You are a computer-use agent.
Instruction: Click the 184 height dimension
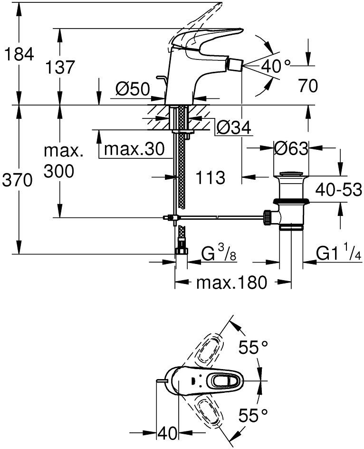tap(19, 54)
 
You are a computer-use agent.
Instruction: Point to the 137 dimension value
tap(60, 67)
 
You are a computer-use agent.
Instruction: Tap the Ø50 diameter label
tap(133, 89)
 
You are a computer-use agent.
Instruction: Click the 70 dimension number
tap(308, 85)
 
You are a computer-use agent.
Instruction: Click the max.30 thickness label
tap(134, 149)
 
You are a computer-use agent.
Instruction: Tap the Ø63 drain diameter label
tap(291, 148)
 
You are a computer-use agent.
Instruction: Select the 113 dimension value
tap(211, 177)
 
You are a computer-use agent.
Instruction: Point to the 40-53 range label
tap(339, 189)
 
